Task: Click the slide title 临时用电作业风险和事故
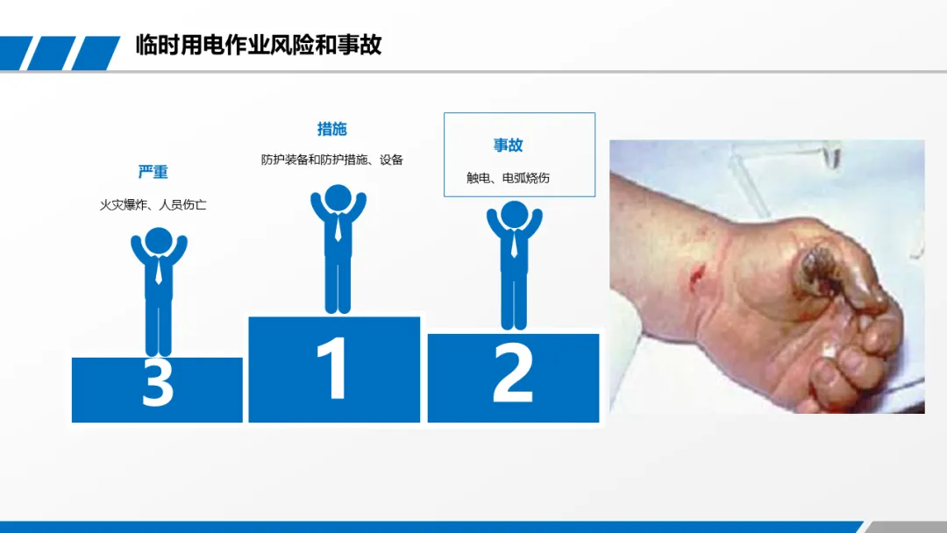pyautogui.click(x=259, y=46)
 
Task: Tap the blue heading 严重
pyautogui.click(x=153, y=172)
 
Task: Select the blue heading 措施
pyautogui.click(x=332, y=129)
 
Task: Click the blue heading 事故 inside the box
pyautogui.click(x=508, y=145)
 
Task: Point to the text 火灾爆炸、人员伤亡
pyautogui.click(x=153, y=205)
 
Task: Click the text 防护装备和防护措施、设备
pyautogui.click(x=332, y=160)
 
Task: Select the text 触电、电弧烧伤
pyautogui.click(x=508, y=178)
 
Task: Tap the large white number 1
pyautogui.click(x=333, y=368)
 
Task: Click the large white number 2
pyautogui.click(x=513, y=372)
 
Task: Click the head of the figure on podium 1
pyautogui.click(x=338, y=199)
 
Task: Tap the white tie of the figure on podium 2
pyautogui.click(x=514, y=244)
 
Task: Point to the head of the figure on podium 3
pyautogui.click(x=159, y=241)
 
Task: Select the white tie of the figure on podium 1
pyautogui.click(x=338, y=228)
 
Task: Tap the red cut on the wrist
pyautogui.click(x=695, y=274)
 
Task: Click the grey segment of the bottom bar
pyautogui.click(x=904, y=527)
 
